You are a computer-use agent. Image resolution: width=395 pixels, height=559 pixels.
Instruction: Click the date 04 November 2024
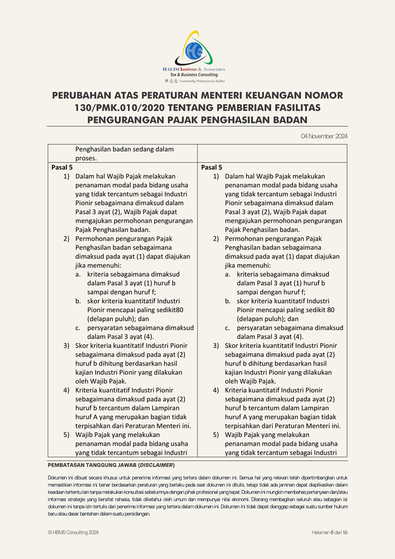click(324, 136)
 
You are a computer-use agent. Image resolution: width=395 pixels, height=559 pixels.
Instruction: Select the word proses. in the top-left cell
click(86, 158)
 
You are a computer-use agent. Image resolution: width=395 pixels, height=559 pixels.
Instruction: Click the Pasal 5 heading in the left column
click(62, 167)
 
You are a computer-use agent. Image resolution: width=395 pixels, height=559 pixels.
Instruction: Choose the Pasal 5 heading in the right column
click(211, 167)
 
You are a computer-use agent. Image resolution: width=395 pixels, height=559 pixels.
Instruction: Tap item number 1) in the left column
click(66, 176)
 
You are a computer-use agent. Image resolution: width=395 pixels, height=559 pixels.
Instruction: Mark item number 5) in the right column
click(216, 435)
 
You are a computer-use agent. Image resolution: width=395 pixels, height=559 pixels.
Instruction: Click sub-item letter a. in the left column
click(78, 274)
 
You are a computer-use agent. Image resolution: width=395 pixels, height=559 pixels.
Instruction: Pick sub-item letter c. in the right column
click(228, 328)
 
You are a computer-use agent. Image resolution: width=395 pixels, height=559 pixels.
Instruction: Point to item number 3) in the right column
click(216, 346)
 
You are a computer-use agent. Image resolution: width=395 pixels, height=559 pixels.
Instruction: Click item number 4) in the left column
click(66, 390)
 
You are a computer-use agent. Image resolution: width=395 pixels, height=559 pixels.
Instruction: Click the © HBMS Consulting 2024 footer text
click(73, 533)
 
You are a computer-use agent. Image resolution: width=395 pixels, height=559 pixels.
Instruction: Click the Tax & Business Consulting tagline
click(194, 74)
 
